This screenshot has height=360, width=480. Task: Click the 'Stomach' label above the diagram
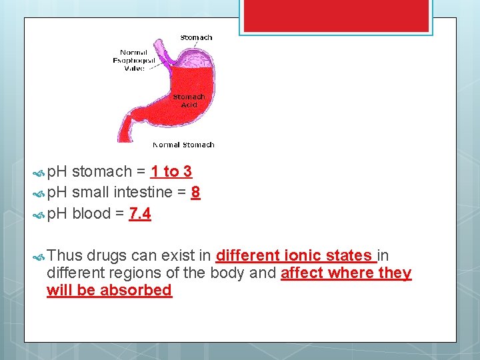[196, 37]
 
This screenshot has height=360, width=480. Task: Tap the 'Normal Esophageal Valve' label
[137, 60]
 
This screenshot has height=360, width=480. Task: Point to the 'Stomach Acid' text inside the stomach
[189, 101]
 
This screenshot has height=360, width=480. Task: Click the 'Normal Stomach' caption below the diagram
[183, 145]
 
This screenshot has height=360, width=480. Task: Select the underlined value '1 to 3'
[171, 172]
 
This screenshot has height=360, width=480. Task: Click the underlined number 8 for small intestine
[195, 193]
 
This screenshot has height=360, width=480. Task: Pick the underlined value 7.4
[140, 214]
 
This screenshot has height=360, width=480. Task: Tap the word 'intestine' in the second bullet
[147, 193]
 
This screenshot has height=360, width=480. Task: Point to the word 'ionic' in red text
[307, 255]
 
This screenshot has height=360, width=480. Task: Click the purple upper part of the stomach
[197, 56]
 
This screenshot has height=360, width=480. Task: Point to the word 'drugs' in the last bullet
[107, 255]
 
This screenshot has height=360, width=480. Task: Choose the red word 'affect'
[303, 273]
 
